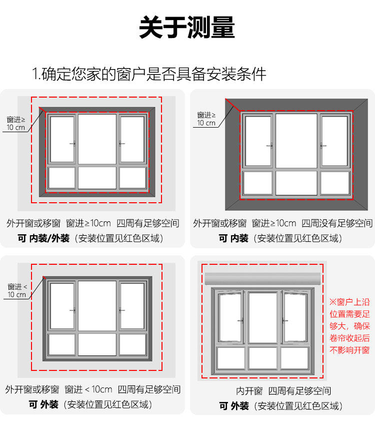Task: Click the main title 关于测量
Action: pos(187,28)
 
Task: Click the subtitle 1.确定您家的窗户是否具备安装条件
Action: pos(149,74)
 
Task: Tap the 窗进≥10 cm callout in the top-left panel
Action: pos(16,123)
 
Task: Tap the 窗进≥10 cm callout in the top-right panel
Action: pos(206,119)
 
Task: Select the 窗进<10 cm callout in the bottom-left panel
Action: pos(16,290)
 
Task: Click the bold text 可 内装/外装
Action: pos(43,238)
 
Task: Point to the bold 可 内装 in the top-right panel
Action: pos(233,238)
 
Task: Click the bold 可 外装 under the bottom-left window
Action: pos(43,404)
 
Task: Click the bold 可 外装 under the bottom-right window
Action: pos(233,406)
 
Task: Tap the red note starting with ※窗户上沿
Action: pos(349,326)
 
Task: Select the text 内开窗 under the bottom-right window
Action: pos(249,391)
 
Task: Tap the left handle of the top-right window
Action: pos(270,146)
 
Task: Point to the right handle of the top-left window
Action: pos(121,144)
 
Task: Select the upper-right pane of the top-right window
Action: pos(334,140)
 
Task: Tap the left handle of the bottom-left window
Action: pos(73,310)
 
